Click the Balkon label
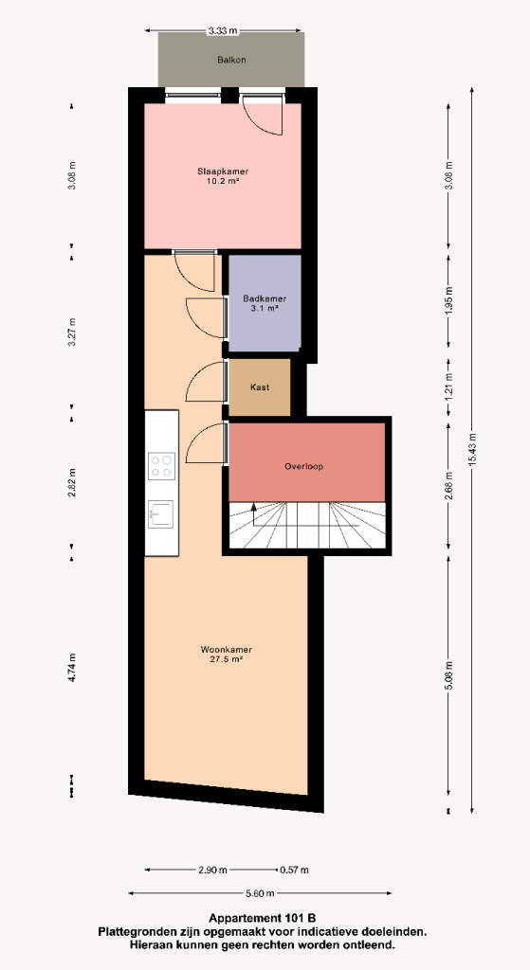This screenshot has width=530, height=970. click(231, 60)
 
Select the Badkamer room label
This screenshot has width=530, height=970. click(265, 298)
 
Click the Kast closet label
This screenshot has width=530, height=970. click(260, 387)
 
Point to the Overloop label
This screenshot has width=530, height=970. click(304, 466)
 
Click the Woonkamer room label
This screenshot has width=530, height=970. click(226, 650)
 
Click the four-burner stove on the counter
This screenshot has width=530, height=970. click(161, 466)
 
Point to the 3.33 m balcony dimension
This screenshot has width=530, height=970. click(224, 30)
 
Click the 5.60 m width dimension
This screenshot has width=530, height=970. click(259, 892)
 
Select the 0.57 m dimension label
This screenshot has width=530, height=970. click(294, 870)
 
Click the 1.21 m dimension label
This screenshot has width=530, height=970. click(448, 385)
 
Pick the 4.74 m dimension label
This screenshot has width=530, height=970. click(72, 668)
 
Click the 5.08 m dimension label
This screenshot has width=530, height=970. click(448, 676)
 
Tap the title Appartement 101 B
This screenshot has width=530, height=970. click(262, 917)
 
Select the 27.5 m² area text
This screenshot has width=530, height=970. click(227, 659)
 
